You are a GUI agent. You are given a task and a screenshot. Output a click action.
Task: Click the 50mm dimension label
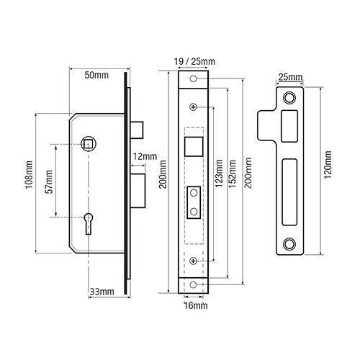(96, 75)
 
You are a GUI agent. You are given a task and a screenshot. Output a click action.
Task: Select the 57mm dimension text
(49, 181)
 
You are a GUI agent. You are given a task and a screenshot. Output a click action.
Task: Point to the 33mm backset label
(102, 292)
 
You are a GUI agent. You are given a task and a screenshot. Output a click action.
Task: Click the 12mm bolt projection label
(145, 156)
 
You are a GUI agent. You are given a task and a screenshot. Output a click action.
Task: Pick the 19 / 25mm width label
(194, 62)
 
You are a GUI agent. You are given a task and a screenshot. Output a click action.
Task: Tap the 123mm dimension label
(219, 174)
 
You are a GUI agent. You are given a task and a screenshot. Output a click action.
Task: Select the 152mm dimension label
(232, 174)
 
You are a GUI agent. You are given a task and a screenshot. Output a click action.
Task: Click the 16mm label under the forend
(196, 306)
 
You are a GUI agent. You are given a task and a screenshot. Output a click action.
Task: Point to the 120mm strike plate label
(328, 165)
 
